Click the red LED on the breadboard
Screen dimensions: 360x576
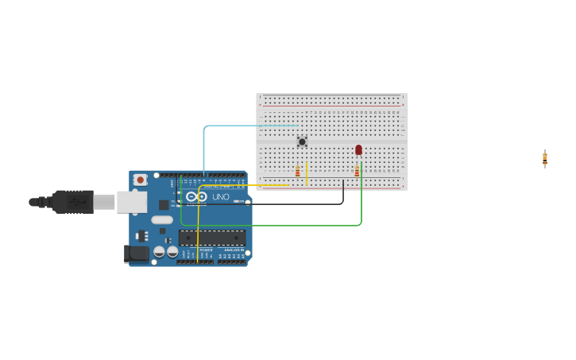point(358,149)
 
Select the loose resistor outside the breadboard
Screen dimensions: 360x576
point(545,158)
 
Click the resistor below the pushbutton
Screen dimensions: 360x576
point(298,172)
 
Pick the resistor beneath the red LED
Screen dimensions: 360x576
point(357,172)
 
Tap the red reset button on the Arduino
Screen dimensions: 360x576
point(141,180)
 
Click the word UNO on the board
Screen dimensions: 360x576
point(221,196)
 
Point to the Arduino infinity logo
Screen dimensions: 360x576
point(197,196)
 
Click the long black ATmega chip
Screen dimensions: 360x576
point(211,237)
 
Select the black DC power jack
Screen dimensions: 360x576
point(137,254)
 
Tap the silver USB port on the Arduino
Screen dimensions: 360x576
point(131,202)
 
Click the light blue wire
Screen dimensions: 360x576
point(205,143)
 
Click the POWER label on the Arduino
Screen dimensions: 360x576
point(206,250)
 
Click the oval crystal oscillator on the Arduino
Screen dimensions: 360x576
point(162,220)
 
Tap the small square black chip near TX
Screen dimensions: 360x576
point(164,205)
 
